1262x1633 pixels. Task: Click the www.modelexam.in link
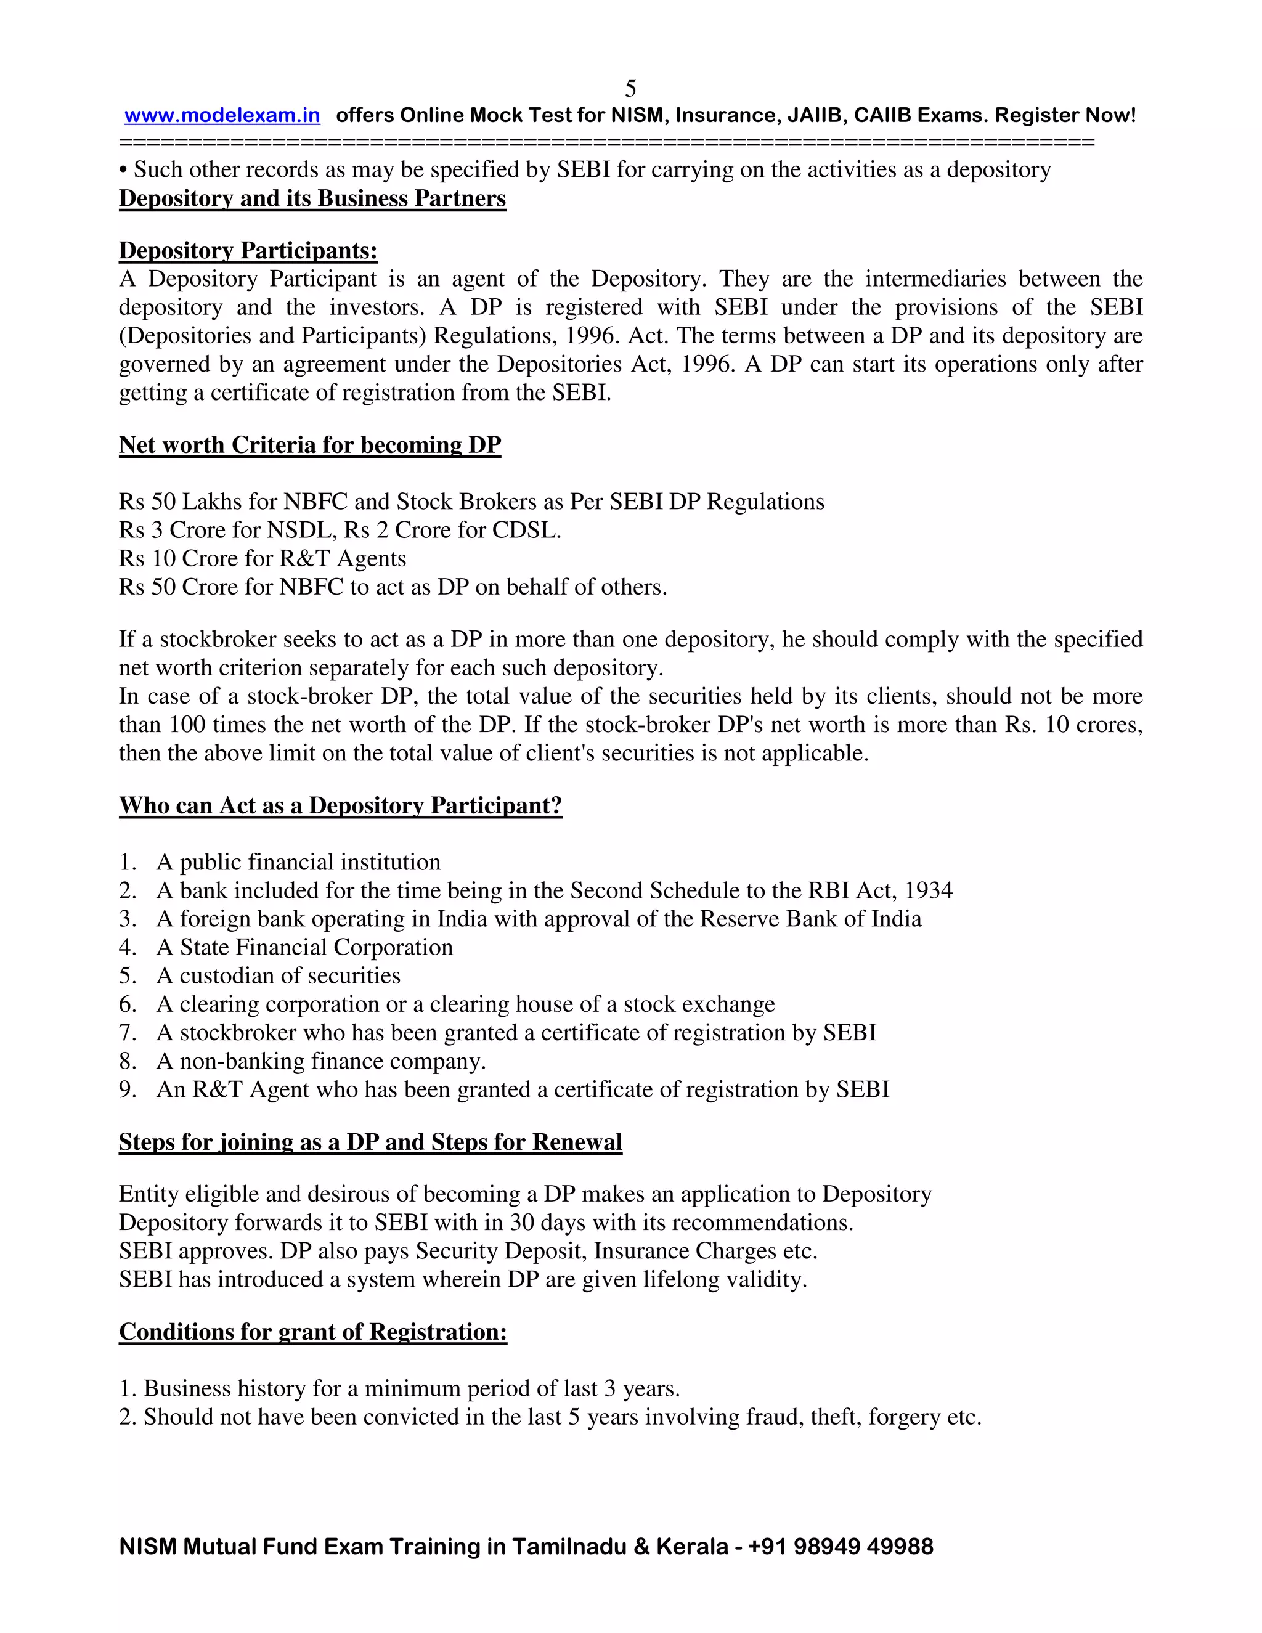coord(222,116)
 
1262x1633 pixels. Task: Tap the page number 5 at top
coord(630,89)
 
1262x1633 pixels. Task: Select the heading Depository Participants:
coord(248,250)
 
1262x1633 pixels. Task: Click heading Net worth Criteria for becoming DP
coord(309,445)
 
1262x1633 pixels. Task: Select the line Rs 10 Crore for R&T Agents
coord(263,558)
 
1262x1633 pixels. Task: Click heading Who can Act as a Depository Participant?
coord(340,805)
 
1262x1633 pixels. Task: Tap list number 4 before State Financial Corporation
coord(127,947)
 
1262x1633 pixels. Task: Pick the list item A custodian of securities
coord(278,975)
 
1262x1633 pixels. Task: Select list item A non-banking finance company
coord(320,1061)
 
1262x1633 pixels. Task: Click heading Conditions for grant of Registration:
coord(312,1332)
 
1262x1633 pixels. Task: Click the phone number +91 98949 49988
coord(841,1546)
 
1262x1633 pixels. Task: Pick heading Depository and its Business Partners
coord(312,199)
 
